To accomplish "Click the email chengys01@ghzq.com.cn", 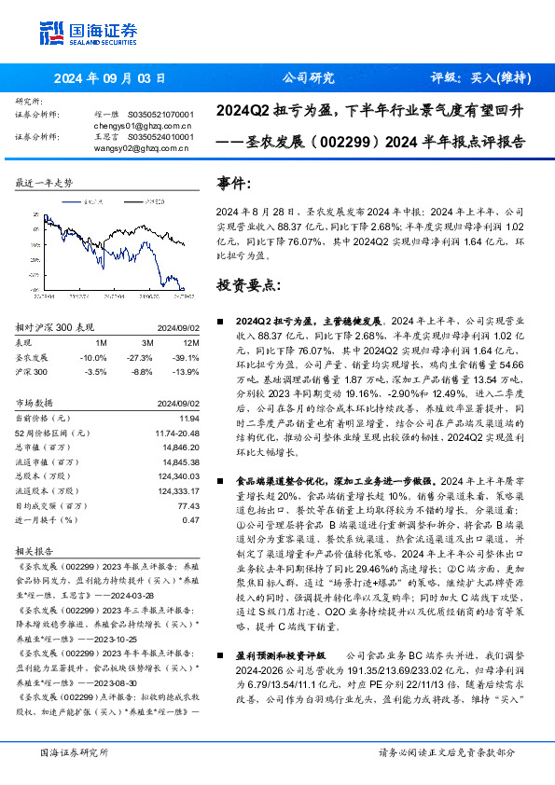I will point(132,125).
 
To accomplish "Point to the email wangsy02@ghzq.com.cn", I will point(130,146).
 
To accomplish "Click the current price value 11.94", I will point(190,420).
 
